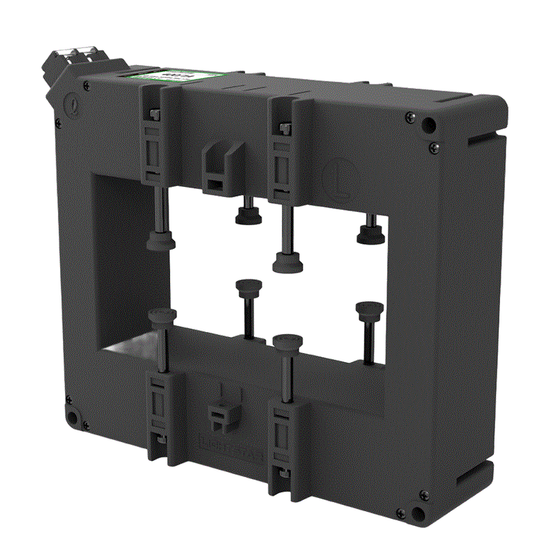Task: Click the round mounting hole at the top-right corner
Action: tap(430, 126)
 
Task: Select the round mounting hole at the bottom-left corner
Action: tap(71, 418)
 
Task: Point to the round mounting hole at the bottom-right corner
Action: tap(418, 515)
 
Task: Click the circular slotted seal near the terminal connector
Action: tap(71, 107)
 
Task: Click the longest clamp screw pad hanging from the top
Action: tap(286, 262)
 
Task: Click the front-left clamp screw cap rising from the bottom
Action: tap(161, 317)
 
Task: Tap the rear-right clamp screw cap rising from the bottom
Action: tap(367, 308)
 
